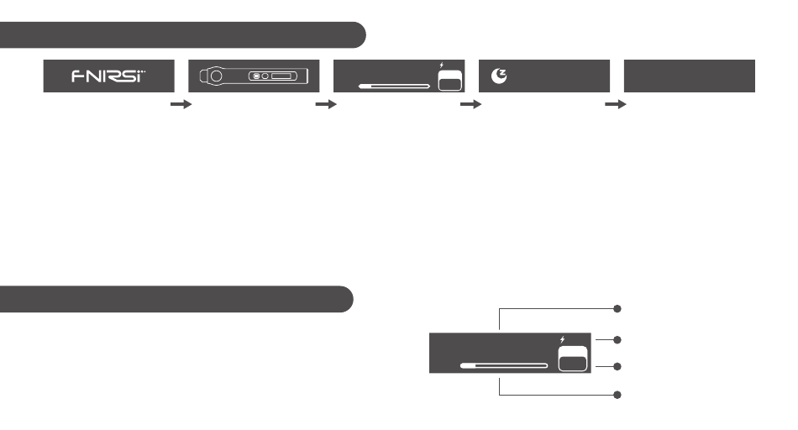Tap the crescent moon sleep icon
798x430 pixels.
pyautogui.click(x=498, y=76)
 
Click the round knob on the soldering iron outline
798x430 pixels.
pyautogui.click(x=216, y=76)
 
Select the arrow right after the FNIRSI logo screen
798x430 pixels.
pyautogui.click(x=181, y=105)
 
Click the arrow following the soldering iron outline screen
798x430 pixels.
pyautogui.click(x=326, y=105)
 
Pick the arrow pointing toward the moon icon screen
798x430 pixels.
pyautogui.click(x=471, y=105)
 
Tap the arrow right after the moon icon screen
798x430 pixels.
pyautogui.click(x=617, y=105)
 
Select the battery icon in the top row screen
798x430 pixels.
pyautogui.click(x=450, y=80)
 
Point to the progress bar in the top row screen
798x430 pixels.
pyautogui.click(x=394, y=86)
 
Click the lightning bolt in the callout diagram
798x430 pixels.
pyautogui.click(x=564, y=338)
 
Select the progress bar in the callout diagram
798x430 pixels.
pyautogui.click(x=504, y=366)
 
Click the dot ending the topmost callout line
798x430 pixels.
pyautogui.click(x=617, y=308)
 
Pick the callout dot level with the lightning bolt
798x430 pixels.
pyautogui.click(x=617, y=340)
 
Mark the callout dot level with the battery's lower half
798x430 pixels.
pyautogui.click(x=617, y=366)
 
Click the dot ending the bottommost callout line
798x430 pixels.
pyautogui.click(x=617, y=394)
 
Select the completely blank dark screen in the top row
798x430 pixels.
pyautogui.click(x=690, y=76)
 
